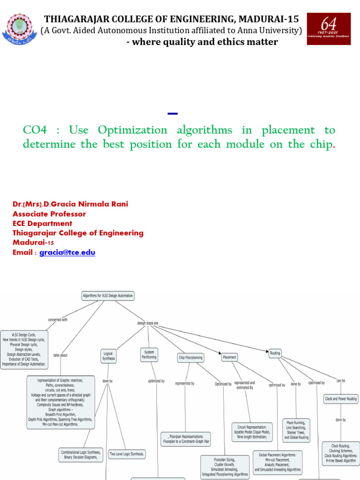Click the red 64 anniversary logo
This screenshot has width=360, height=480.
pos(329,29)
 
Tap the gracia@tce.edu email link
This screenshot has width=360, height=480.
pos(67,252)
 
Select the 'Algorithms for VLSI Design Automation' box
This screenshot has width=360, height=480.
pos(108,296)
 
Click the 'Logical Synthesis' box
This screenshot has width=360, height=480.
pos(108,356)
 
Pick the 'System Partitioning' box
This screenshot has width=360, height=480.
pos(149,354)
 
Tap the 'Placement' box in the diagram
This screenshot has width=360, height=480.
pos(229,357)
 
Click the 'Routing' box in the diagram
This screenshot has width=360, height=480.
pos(275,353)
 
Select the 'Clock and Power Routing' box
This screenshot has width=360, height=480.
pos(341,399)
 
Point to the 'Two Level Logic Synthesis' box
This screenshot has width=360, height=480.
pos(127,454)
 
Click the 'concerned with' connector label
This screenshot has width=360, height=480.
pos(58,320)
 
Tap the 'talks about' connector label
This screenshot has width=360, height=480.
pos(60,355)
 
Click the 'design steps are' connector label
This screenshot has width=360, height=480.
pos(148,323)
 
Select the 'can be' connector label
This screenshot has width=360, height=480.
pos(341,381)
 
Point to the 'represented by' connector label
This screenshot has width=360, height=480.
pos(185,383)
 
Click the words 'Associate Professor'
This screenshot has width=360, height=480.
pos(49,214)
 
